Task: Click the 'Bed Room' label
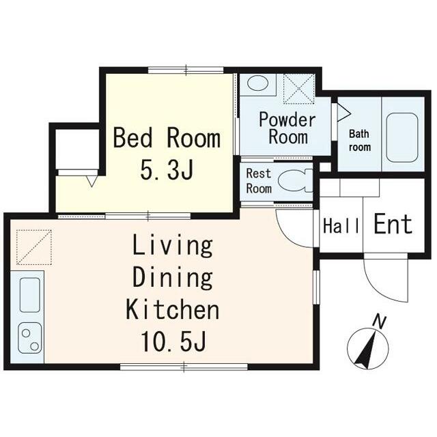tap(167, 138)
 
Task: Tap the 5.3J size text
tap(167, 169)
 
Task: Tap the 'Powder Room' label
tap(287, 128)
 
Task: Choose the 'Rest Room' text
tap(259, 181)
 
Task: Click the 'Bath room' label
tap(360, 141)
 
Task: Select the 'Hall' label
tap(341, 226)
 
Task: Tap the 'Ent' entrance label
tap(393, 224)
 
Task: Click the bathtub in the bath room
tap(402, 137)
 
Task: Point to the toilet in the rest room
tap(296, 181)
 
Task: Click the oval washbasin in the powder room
tap(258, 83)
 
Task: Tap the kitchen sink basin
tap(30, 294)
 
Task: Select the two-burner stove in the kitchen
tap(30, 338)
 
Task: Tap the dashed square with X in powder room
tap(299, 89)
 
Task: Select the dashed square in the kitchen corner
tap(34, 247)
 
